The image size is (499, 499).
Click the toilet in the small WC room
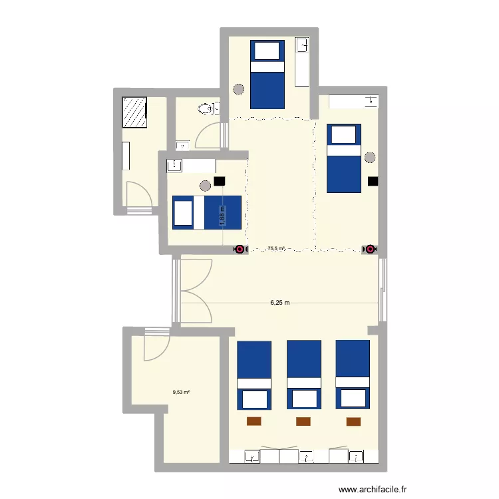tap(208, 108)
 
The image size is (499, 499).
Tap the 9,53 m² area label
tap(181, 392)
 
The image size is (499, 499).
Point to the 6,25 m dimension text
tap(279, 303)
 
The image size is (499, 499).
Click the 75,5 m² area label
tap(276, 249)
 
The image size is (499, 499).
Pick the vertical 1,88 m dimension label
tap(224, 215)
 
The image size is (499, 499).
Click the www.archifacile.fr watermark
tap(372, 489)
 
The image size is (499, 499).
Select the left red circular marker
tap(239, 249)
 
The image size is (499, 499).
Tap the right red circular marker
tap(369, 249)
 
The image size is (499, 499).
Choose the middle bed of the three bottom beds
tap(303, 375)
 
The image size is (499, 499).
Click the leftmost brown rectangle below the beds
tap(254, 420)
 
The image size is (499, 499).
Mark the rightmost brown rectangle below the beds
tap(353, 420)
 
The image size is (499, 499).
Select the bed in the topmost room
tap(267, 74)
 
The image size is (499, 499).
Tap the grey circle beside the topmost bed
tap(238, 88)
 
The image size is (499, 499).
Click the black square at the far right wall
tap(373, 180)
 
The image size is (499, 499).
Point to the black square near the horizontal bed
tap(220, 180)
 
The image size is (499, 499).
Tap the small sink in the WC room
tap(181, 144)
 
